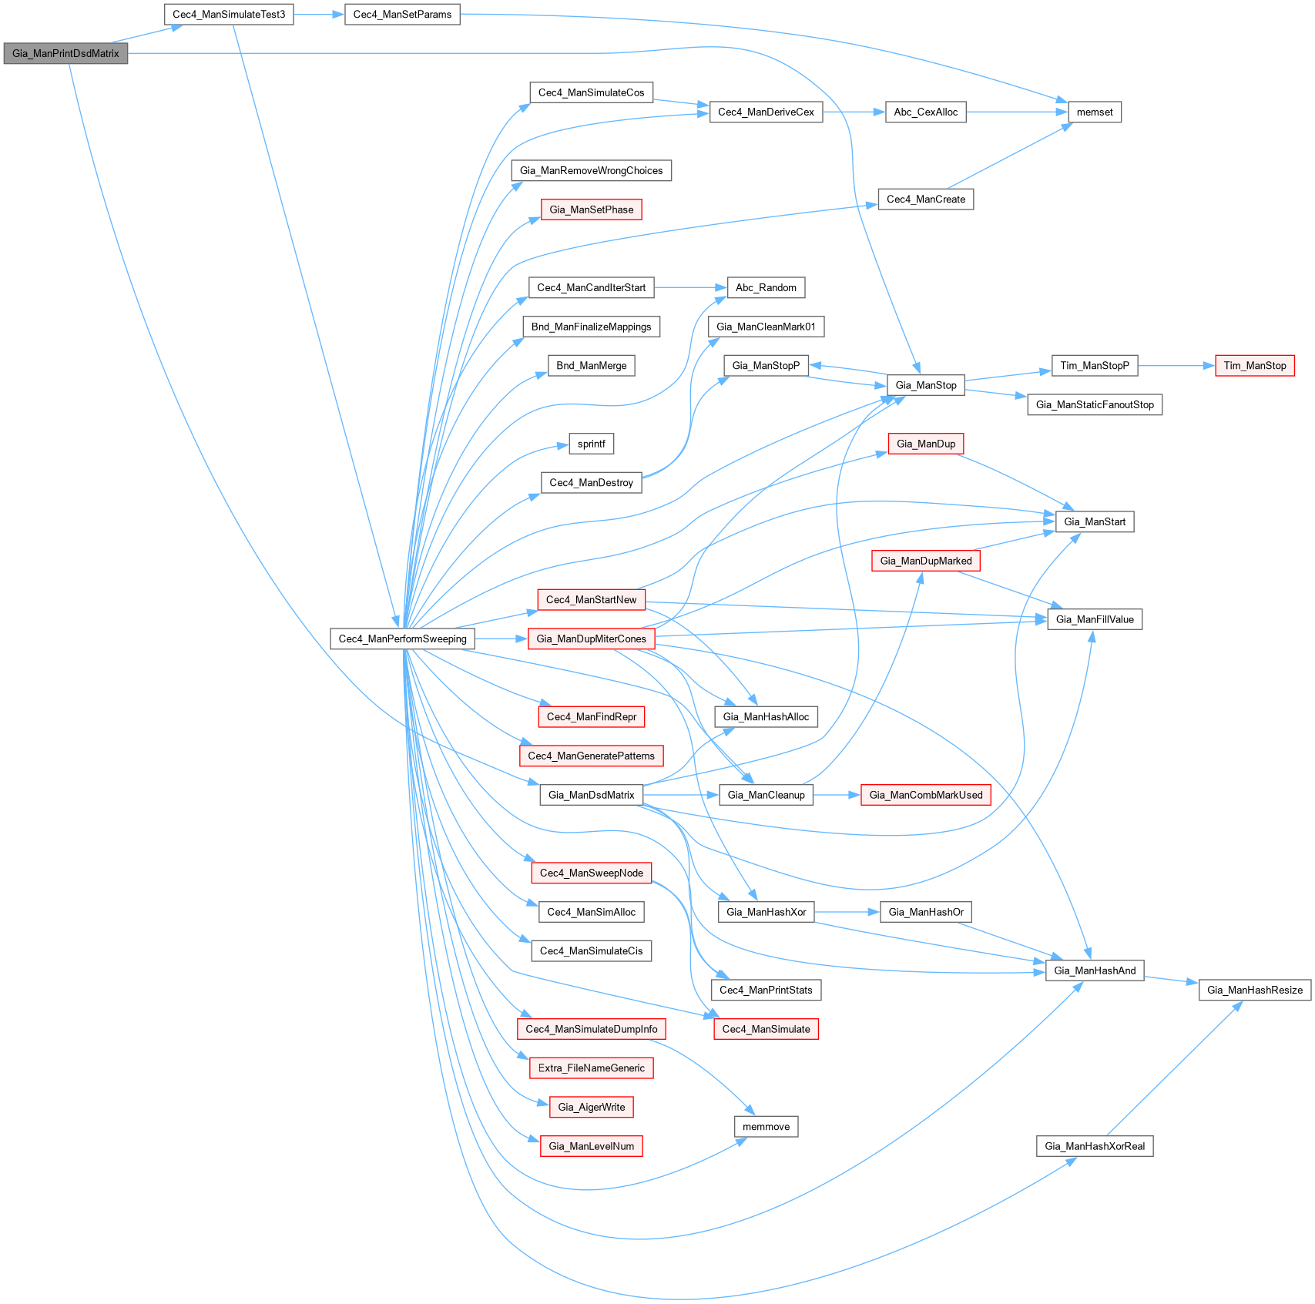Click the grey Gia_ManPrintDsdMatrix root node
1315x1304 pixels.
coord(65,54)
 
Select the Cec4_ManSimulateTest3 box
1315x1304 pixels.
coord(229,15)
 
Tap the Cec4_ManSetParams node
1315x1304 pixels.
coord(402,15)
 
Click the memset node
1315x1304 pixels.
coord(1094,112)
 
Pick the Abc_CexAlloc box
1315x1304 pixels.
coord(925,112)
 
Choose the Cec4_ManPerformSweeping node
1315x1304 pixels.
coord(402,639)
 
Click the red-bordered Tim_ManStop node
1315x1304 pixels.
coord(1254,366)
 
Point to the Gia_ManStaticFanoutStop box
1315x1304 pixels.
coord(1094,405)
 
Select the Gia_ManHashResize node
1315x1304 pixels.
coord(1254,991)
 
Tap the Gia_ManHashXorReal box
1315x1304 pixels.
coord(1094,1147)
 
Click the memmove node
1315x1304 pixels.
coord(766,1127)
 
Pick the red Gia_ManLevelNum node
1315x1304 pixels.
coord(591,1147)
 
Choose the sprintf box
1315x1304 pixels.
coord(591,444)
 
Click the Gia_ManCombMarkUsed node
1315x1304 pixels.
coord(925,796)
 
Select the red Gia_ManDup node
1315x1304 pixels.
coord(925,444)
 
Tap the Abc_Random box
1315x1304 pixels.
coord(766,288)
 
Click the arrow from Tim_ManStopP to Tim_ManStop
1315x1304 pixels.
coord(1176,366)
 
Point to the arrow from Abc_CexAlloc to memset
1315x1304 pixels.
coord(1017,112)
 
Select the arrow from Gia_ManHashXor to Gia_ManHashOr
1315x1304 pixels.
coord(847,913)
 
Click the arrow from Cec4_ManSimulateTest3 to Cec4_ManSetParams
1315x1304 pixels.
coord(319,15)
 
